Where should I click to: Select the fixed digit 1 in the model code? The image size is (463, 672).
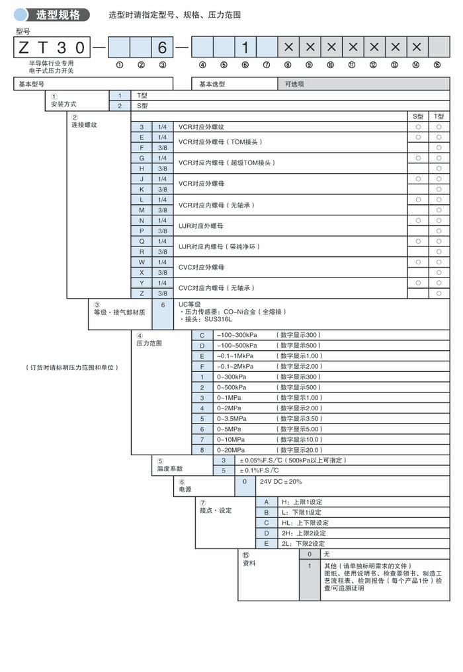[245, 47]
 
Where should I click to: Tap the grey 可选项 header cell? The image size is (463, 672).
[296, 84]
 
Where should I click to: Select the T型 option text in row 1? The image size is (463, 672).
[142, 95]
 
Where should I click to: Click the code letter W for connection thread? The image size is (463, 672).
[142, 262]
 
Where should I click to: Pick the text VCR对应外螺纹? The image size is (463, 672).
[201, 126]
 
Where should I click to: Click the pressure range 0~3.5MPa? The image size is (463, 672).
[232, 418]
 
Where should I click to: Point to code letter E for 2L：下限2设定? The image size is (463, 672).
[267, 543]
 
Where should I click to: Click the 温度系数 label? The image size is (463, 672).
[169, 468]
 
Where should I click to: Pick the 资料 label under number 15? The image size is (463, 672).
[249, 563]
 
